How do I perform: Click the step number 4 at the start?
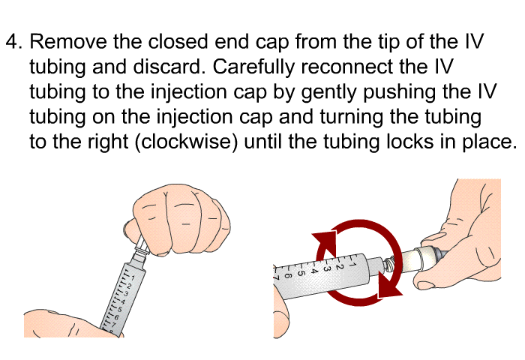(12, 43)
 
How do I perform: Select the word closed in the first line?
(180, 43)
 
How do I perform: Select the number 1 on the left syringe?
(133, 278)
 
